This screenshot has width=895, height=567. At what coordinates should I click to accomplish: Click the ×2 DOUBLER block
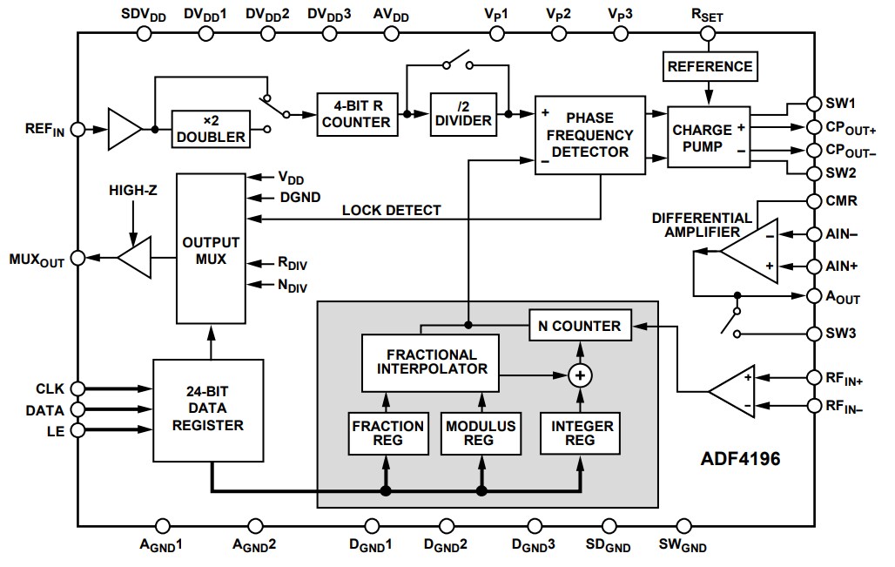click(x=210, y=129)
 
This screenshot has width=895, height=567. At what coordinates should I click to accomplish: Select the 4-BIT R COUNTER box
click(x=356, y=113)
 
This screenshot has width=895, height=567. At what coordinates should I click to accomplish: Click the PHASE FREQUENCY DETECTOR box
click(x=589, y=134)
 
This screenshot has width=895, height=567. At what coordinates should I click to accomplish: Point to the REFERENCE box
click(x=709, y=65)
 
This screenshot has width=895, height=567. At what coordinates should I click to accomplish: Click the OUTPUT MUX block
click(x=211, y=248)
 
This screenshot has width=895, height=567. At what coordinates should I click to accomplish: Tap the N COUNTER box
click(x=579, y=326)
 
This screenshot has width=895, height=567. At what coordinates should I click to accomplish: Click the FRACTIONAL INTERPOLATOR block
click(x=431, y=361)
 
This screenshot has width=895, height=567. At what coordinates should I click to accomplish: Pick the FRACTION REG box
click(x=388, y=433)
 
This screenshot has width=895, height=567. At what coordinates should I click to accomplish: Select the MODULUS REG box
click(x=481, y=433)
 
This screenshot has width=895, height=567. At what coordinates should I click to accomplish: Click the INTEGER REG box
click(x=581, y=433)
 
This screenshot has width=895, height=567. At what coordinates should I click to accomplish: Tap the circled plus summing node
click(x=579, y=375)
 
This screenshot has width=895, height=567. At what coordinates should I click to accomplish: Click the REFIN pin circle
click(x=77, y=129)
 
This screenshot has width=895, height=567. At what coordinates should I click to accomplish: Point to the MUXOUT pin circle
click(x=77, y=258)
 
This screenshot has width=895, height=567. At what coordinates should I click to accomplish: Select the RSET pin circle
click(x=707, y=34)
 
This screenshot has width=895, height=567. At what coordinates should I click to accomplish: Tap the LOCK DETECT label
click(x=391, y=210)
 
